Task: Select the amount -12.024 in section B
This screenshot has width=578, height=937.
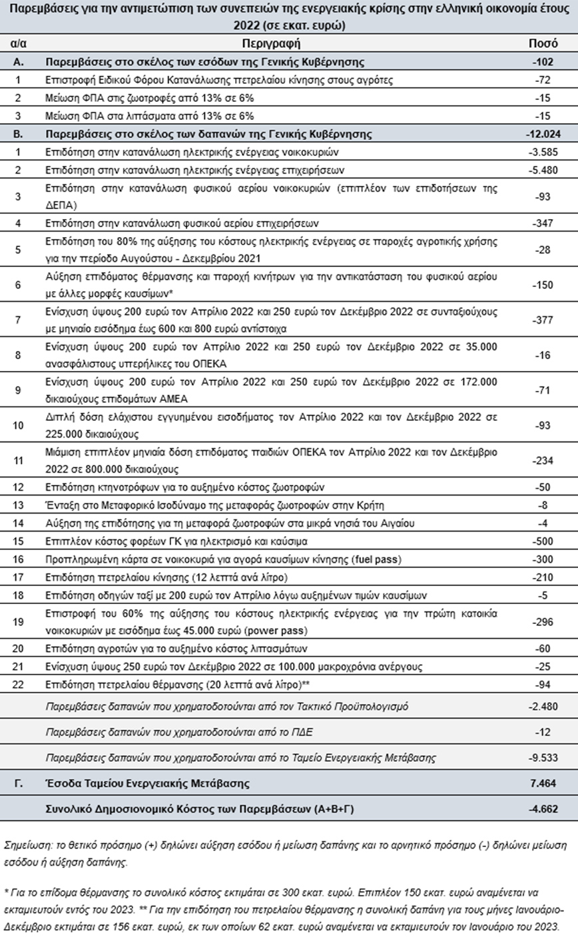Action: (543, 134)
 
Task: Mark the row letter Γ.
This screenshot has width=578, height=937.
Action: (18, 783)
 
